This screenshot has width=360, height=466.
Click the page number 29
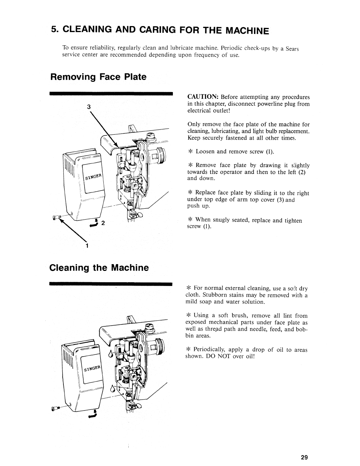pos(305,457)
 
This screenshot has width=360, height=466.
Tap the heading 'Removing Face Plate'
pos(98,77)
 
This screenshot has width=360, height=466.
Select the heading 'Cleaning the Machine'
pos(99,268)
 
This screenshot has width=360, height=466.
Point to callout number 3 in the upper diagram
pos(89,107)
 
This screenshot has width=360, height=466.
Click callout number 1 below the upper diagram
pos(87,246)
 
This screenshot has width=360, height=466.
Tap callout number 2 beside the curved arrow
pos(102,223)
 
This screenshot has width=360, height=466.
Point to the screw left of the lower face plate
pos(55,408)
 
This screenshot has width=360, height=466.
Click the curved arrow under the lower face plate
pos(92,415)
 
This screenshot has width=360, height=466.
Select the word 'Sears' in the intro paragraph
pos(292,49)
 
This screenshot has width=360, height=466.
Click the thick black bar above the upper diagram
pos(111,93)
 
